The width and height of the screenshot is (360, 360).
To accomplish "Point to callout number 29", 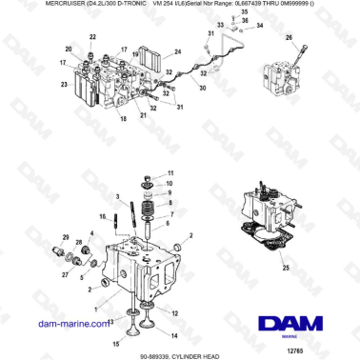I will pos(66,235).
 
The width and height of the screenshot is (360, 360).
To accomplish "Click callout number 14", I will pos(172,336).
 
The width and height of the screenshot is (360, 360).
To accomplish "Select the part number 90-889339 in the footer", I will pos(153,353).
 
